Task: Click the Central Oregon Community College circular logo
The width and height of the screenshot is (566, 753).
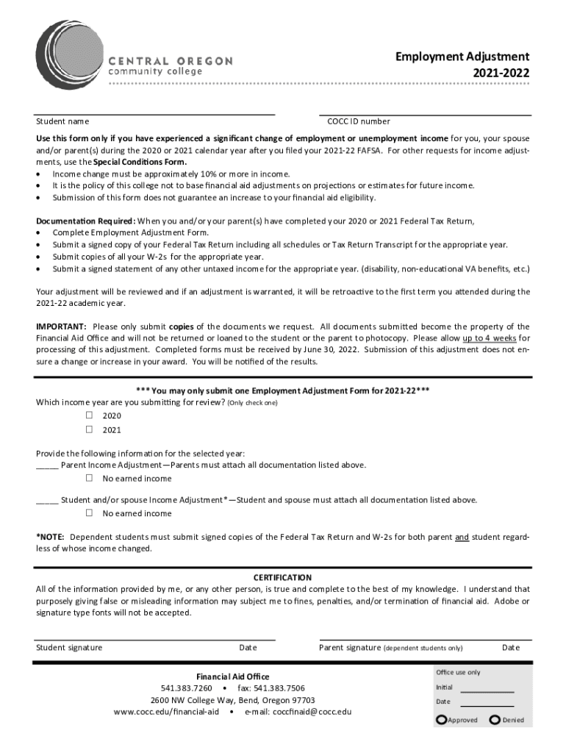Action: (71, 54)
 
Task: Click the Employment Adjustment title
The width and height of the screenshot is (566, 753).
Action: (462, 57)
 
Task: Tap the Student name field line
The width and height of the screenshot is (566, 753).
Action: (156, 115)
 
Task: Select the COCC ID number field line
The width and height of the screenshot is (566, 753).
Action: (425, 115)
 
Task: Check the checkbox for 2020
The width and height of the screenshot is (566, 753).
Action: (89, 415)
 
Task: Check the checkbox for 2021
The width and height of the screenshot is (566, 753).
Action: (89, 429)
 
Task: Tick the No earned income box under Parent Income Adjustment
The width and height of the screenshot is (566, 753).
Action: (89, 478)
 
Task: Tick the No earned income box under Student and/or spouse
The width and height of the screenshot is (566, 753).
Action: (89, 513)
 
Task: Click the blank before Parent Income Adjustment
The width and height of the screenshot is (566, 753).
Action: (47, 465)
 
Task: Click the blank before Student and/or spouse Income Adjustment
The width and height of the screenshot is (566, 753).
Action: (47, 501)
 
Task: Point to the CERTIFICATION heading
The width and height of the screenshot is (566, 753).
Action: (282, 578)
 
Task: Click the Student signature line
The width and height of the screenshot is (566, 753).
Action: (156, 640)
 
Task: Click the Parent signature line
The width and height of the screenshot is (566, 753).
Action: (425, 640)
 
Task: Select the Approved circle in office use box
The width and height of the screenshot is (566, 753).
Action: (441, 719)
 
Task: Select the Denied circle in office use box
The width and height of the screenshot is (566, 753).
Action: (495, 719)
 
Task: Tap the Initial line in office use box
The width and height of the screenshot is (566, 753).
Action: (487, 690)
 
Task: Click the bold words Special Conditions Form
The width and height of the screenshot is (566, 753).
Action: (130, 162)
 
